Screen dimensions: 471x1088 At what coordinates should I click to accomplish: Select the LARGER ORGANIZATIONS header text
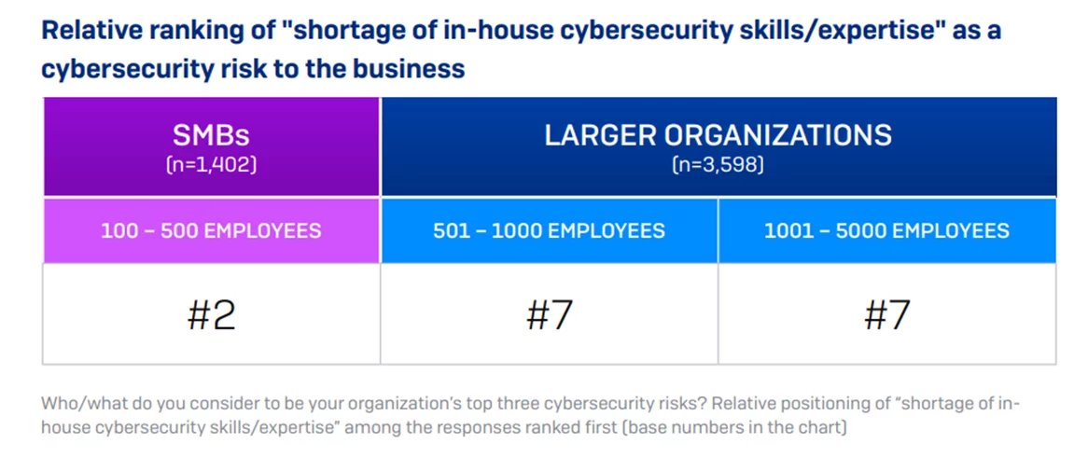tap(718, 134)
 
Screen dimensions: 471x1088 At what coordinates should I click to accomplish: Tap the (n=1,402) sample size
tap(211, 165)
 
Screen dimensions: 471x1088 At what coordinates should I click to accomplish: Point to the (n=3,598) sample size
tap(718, 165)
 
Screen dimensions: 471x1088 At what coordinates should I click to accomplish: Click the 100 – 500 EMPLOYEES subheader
tap(211, 230)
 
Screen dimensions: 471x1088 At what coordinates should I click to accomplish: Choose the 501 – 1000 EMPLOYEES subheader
tap(549, 230)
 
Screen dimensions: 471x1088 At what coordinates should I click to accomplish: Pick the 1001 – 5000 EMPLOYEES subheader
tap(886, 230)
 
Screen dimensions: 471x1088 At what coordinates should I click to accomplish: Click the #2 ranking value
tap(211, 314)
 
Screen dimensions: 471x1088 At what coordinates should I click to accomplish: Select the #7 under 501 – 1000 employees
tap(549, 314)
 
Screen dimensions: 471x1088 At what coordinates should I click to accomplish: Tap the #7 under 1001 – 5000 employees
tap(886, 314)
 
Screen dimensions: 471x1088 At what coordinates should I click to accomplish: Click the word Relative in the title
tap(83, 31)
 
